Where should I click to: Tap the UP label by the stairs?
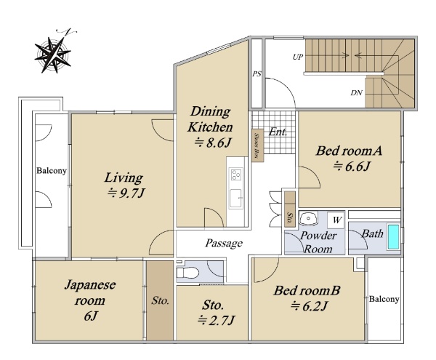tap(297, 57)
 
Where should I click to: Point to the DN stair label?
tap(356, 92)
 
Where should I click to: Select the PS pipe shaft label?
tap(257, 74)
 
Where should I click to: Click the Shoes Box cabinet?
tap(257, 145)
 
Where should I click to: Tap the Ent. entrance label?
tap(278, 132)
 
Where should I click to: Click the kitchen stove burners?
tap(235, 175)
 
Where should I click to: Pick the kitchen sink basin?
tap(235, 198)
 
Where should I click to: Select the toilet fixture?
tap(187, 273)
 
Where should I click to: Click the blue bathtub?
tap(393, 237)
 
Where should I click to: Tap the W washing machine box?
tap(336, 220)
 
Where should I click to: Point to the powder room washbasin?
tap(308, 218)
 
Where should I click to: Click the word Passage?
tap(224, 243)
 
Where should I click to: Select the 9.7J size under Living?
tap(126, 193)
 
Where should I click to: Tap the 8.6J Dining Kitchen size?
tap(213, 143)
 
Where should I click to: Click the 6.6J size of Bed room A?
tap(352, 167)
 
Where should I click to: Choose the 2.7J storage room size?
tap(217, 321)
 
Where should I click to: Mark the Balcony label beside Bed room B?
tap(384, 299)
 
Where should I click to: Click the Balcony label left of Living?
tap(52, 170)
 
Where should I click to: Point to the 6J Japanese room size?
tap(91, 316)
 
